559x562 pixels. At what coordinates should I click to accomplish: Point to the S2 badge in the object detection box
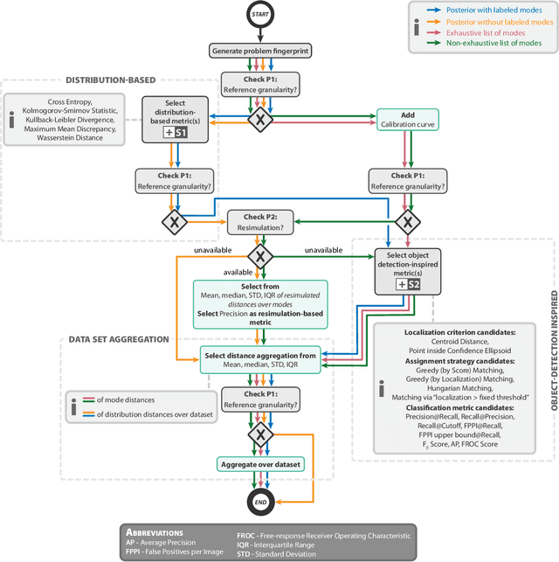click(x=408, y=284)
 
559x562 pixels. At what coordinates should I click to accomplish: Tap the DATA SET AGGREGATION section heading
click(x=118, y=339)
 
